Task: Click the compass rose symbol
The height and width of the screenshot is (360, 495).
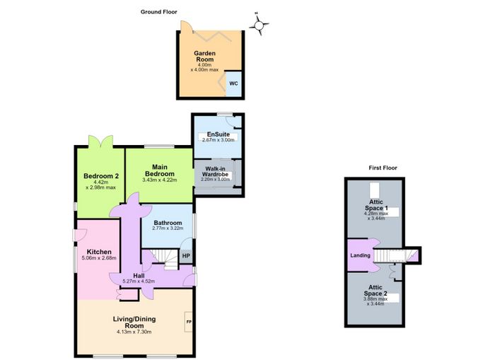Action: pyautogui.click(x=259, y=25)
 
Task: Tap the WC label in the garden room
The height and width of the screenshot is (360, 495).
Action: pyautogui.click(x=233, y=83)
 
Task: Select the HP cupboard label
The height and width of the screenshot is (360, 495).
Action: pyautogui.click(x=186, y=256)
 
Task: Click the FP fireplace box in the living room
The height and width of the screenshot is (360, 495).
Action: pyautogui.click(x=189, y=322)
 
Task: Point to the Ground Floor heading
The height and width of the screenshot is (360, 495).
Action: pyautogui.click(x=159, y=12)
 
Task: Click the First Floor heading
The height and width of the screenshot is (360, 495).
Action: pyautogui.click(x=383, y=168)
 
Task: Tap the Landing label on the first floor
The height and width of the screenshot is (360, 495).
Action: pyautogui.click(x=360, y=255)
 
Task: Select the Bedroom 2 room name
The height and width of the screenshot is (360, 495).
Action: pyautogui.click(x=101, y=176)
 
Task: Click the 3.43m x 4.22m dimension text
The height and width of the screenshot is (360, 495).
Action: pyautogui.click(x=160, y=180)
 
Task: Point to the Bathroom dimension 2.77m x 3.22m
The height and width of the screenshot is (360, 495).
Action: pyautogui.click(x=168, y=228)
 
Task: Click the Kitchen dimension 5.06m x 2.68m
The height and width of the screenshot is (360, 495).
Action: pyautogui.click(x=99, y=257)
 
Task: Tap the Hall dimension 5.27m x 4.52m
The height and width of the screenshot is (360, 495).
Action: pyautogui.click(x=139, y=281)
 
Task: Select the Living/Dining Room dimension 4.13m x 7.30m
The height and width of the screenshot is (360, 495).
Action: pyautogui.click(x=134, y=332)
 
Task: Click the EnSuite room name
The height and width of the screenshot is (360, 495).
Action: pyautogui.click(x=218, y=134)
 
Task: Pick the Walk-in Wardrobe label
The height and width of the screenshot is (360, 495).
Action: pyautogui.click(x=215, y=171)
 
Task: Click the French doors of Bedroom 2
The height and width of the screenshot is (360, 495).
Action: pyautogui.click(x=100, y=141)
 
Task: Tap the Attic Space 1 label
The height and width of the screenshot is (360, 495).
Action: pyautogui.click(x=376, y=205)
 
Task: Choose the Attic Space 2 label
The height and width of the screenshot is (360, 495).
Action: pyautogui.click(x=375, y=290)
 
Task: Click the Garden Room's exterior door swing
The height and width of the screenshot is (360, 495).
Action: pyautogui.click(x=185, y=27)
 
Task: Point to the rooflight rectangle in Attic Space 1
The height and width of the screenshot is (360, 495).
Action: pyautogui.click(x=374, y=190)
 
